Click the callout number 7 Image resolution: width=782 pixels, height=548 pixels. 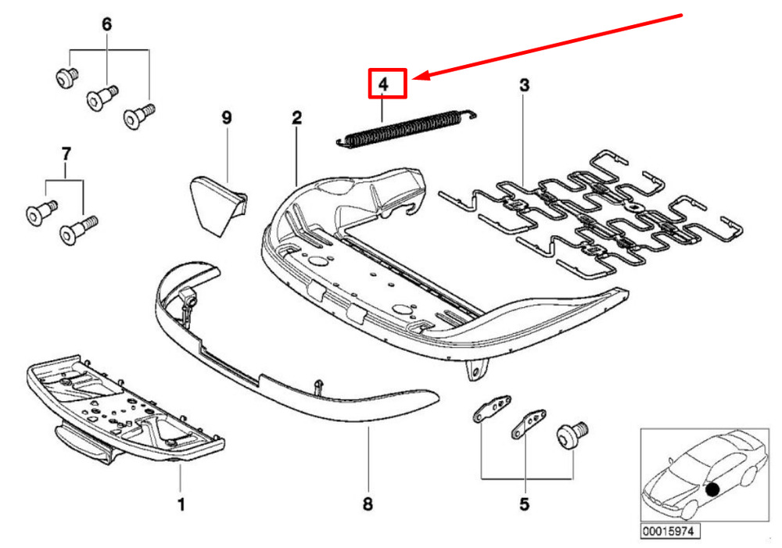pyautogui.click(x=66, y=152)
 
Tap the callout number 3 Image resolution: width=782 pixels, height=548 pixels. pyautogui.click(x=524, y=84)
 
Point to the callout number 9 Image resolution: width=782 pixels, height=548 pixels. pyautogui.click(x=227, y=118)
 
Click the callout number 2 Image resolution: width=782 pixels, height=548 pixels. pyautogui.click(x=296, y=118)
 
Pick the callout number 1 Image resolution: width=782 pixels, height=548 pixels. pyautogui.click(x=181, y=505)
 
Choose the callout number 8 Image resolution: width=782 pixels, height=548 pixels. pyautogui.click(x=368, y=505)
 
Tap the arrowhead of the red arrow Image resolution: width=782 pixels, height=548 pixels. pyautogui.click(x=418, y=76)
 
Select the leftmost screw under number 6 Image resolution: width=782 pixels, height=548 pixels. pyautogui.click(x=65, y=77)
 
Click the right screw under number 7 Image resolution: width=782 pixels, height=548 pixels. pyautogui.click(x=77, y=228)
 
